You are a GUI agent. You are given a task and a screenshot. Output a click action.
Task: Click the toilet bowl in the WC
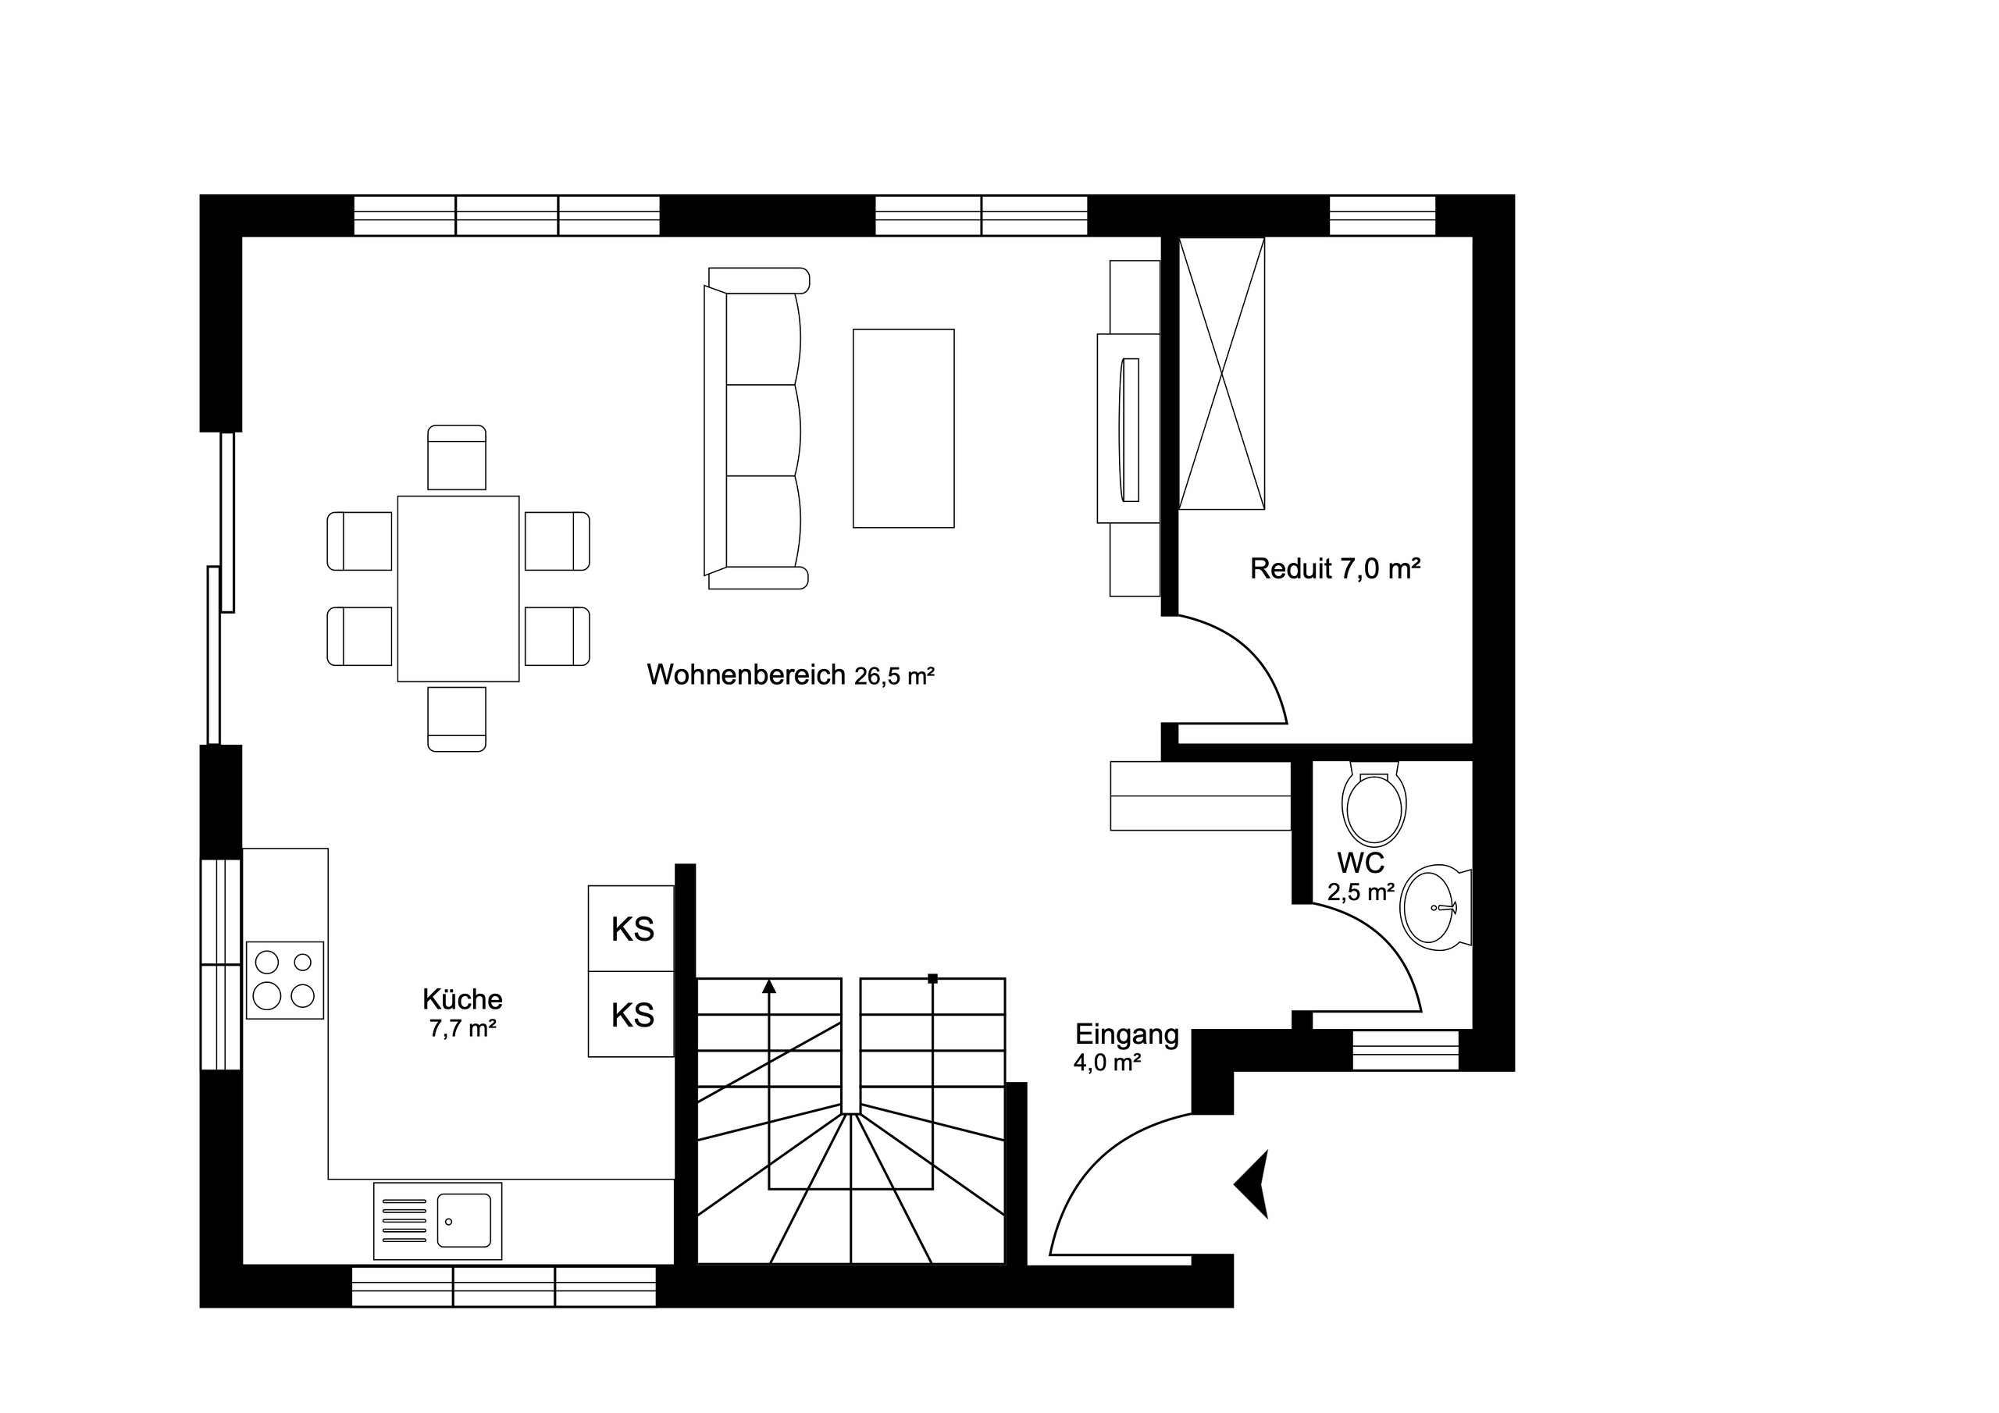pos(1374,806)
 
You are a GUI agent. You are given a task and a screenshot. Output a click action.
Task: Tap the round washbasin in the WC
pos(1431,907)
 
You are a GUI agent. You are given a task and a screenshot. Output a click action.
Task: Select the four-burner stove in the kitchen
pos(285,980)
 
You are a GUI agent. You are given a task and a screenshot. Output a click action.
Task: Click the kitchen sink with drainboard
pos(437,1221)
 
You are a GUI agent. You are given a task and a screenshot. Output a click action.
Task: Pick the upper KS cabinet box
pos(631,928)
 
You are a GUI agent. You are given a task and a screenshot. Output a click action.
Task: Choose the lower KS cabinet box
pos(631,1014)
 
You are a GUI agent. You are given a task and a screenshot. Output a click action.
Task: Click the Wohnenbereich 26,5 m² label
pos(789,674)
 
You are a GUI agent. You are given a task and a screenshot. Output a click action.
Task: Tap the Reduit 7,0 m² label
pos(1334,568)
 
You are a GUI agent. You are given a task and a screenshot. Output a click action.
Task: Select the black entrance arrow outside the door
pos(1254,1184)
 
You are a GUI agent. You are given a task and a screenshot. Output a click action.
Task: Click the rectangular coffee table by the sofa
pos(903,428)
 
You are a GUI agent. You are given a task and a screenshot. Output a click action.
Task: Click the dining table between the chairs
pos(458,589)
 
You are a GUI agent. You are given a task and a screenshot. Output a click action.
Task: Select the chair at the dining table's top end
pos(456,457)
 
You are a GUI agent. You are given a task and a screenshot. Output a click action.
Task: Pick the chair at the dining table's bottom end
pos(456,719)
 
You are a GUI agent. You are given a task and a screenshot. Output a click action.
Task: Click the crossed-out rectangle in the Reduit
pos(1220,373)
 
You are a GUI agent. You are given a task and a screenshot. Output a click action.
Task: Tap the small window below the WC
pos(1406,1050)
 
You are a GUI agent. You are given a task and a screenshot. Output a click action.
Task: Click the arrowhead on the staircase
pos(769,987)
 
